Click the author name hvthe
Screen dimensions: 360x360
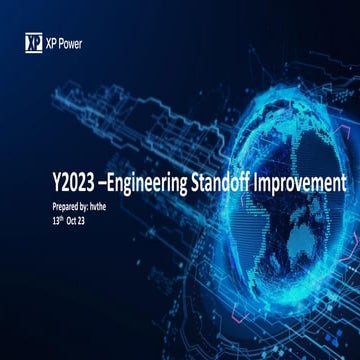[110, 204]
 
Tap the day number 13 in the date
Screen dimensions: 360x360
[56, 216]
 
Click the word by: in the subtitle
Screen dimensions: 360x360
[91, 204]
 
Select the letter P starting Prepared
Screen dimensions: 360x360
[54, 204]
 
